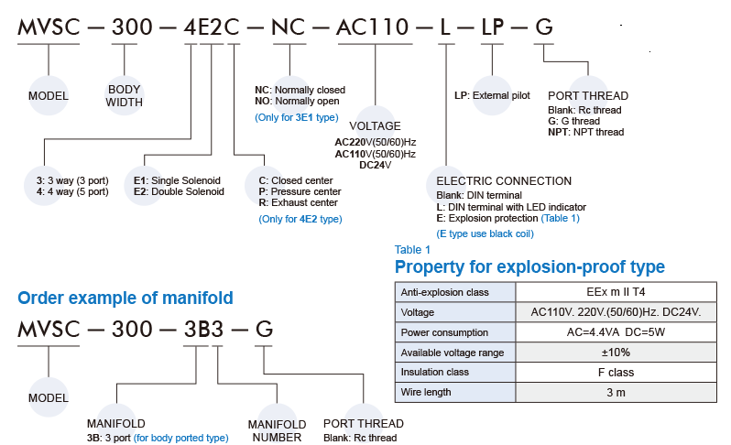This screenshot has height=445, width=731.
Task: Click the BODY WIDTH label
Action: pyautogui.click(x=125, y=96)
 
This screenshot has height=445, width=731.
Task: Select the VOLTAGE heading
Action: pyautogui.click(x=376, y=125)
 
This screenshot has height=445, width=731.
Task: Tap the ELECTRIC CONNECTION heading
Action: pyautogui.click(x=504, y=181)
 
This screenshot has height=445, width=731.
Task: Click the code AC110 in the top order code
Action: pyautogui.click(x=375, y=27)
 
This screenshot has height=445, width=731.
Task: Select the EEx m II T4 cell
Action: pyautogui.click(x=616, y=292)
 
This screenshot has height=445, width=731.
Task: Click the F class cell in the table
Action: pyautogui.click(x=616, y=373)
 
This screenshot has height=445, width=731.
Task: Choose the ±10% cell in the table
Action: pyautogui.click(x=616, y=353)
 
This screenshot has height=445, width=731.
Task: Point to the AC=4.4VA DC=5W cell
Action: pyautogui.click(x=616, y=332)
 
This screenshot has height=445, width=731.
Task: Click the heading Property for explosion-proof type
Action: pyautogui.click(x=529, y=267)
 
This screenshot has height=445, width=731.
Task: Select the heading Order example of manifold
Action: pyautogui.click(x=125, y=298)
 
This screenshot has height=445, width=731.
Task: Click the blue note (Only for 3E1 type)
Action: pyautogui.click(x=296, y=117)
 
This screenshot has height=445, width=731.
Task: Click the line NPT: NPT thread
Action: pyautogui.click(x=586, y=132)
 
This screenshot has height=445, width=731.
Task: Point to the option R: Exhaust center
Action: pyautogui.click(x=299, y=202)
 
